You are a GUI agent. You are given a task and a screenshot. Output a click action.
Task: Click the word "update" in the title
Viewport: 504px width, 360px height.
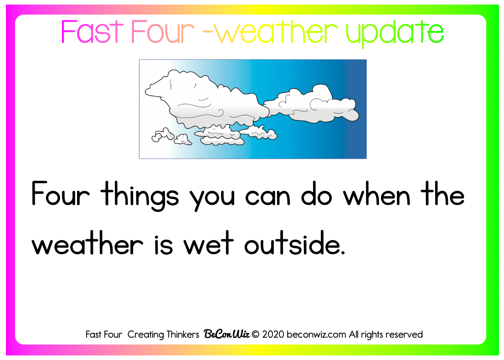(395, 33)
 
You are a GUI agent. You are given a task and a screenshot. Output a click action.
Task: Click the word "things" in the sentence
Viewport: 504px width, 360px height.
(139, 196)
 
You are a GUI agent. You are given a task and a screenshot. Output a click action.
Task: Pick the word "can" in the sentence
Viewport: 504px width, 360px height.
(268, 197)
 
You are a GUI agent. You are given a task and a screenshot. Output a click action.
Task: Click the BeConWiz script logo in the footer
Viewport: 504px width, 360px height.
(226, 334)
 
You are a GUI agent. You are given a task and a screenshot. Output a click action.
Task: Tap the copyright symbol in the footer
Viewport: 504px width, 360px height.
(256, 334)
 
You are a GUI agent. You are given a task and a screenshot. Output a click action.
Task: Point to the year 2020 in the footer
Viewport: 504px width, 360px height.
(273, 334)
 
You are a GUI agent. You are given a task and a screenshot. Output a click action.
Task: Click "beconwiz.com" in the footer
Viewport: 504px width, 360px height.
(316, 334)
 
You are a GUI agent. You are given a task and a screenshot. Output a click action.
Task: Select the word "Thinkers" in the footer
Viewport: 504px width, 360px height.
(182, 334)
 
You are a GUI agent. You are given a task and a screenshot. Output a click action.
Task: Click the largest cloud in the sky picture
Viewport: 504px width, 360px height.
(206, 100)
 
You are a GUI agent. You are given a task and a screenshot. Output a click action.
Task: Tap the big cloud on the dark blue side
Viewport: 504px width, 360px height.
(312, 104)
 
